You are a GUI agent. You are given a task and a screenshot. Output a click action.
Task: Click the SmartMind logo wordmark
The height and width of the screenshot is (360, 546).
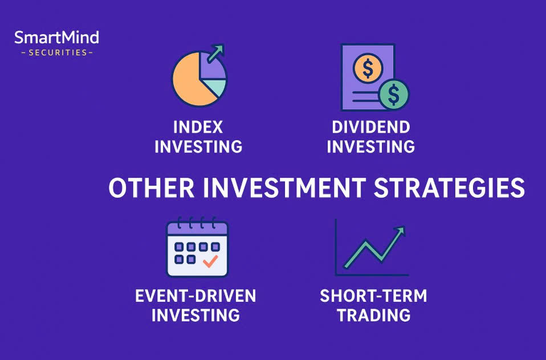[57, 38]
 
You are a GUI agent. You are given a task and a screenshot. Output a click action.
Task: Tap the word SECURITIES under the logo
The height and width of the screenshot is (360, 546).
[58, 52]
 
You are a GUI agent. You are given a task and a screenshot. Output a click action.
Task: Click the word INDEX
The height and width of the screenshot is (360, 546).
[198, 128]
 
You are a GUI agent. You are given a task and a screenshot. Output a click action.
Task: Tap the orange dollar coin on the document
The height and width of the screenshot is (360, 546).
[368, 68]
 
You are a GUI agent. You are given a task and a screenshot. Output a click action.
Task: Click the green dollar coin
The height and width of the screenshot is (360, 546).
[394, 95]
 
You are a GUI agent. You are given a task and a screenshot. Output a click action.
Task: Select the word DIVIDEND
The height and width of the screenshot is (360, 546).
[371, 128]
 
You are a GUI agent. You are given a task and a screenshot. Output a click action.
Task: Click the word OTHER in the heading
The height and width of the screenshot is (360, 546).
[152, 188]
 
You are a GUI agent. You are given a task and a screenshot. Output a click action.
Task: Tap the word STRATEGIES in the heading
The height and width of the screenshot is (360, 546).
[449, 188]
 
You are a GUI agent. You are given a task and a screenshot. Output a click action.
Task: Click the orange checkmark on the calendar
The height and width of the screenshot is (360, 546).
[210, 261]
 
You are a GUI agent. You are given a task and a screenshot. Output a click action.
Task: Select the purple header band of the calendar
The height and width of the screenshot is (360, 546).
[197, 229]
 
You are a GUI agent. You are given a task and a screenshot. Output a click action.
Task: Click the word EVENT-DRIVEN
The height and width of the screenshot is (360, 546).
[195, 296]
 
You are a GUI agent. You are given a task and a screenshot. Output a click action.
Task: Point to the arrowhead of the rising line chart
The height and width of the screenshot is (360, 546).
[400, 231]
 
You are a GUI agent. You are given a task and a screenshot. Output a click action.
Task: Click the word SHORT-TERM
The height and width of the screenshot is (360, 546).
[373, 296]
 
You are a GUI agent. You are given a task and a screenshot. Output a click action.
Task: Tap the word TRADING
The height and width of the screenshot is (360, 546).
[374, 316]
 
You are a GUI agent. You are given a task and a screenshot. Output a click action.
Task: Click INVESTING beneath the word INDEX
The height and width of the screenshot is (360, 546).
[198, 147]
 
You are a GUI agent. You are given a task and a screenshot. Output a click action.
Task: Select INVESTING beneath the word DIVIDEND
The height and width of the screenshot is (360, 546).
[371, 147]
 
